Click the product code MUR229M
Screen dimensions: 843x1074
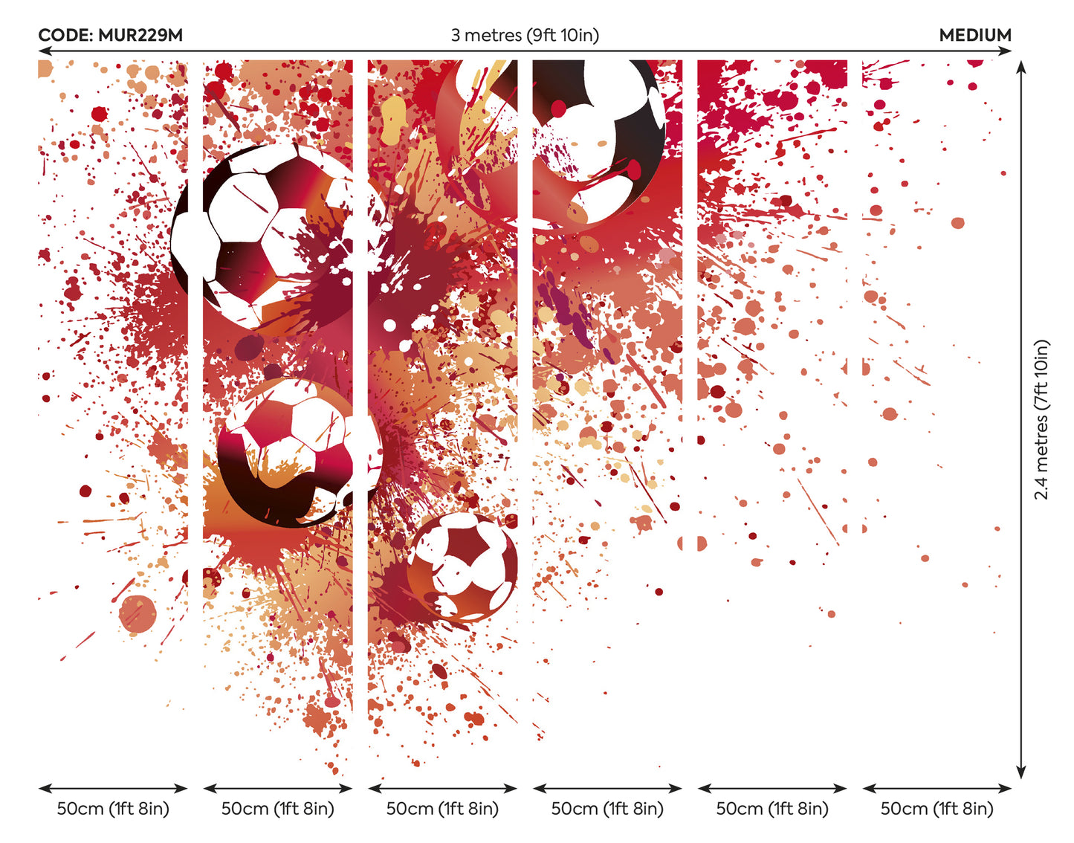pos(140,35)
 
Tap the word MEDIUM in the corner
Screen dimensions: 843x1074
pos(975,35)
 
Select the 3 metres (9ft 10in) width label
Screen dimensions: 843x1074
pos(525,35)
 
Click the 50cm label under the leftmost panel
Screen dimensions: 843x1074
pos(113,809)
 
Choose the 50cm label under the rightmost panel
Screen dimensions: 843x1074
pos(936,809)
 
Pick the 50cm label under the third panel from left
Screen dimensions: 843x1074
pos(442,809)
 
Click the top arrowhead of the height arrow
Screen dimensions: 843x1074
pos(1022,67)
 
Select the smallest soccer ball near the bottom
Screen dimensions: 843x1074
pos(462,566)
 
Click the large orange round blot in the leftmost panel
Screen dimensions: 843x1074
pos(138,614)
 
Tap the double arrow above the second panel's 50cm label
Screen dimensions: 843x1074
pos(277,788)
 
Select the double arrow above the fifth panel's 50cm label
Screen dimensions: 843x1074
pos(772,788)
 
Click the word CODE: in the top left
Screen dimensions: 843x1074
pos(65,35)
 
